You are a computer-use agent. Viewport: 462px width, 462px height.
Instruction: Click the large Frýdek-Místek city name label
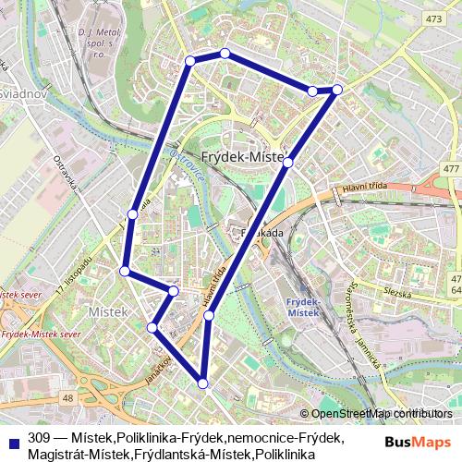(x=243, y=157)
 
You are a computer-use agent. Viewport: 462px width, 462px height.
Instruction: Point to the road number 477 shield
(x=451, y=168)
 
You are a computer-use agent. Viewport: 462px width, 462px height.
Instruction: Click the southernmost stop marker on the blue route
(x=202, y=383)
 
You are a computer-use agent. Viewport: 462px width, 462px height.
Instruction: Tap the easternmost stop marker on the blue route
(x=337, y=89)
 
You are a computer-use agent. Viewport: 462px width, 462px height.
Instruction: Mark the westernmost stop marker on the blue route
(x=125, y=271)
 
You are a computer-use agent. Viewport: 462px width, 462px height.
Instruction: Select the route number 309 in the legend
(x=39, y=437)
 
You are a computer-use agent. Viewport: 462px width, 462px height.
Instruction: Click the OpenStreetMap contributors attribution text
(x=382, y=414)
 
